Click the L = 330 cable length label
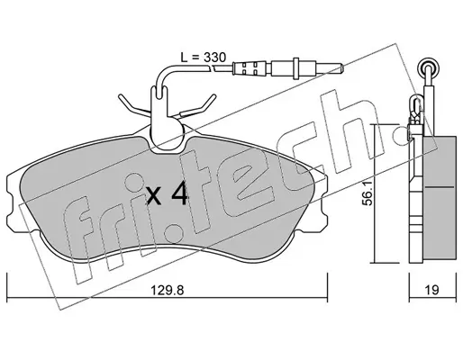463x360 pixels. click(203, 57)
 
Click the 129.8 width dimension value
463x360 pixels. click(167, 290)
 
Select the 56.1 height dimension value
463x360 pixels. click(367, 194)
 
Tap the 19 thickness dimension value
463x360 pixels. click(431, 290)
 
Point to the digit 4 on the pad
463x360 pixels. click(179, 194)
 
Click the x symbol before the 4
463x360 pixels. click(154, 196)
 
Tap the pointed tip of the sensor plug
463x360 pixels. click(342, 68)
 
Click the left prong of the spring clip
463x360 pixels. click(132, 105)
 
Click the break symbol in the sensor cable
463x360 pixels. click(213, 68)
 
